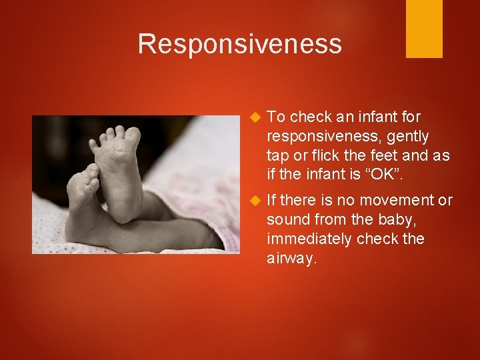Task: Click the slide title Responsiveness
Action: pos(239,44)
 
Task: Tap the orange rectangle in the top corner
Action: pos(424,29)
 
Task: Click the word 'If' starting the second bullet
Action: pos(271,200)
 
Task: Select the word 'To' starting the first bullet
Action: pos(276,117)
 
